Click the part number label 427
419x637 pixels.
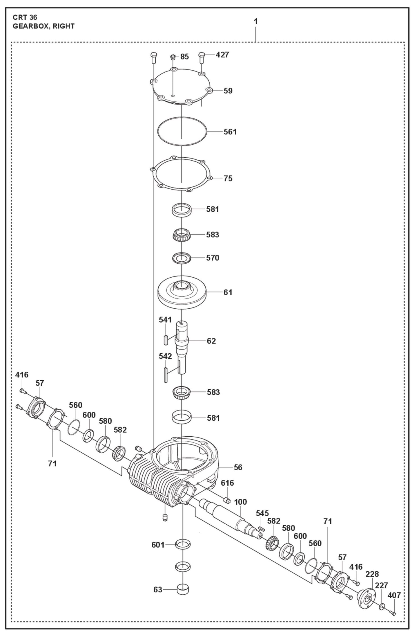click(x=222, y=55)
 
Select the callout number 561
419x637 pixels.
click(x=230, y=132)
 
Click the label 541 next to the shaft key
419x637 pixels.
click(x=165, y=320)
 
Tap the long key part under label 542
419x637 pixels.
click(x=166, y=375)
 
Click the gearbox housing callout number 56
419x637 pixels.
click(x=238, y=467)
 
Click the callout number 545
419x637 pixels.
click(x=262, y=513)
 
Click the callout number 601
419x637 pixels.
click(x=158, y=545)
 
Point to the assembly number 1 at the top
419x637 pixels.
click(x=255, y=21)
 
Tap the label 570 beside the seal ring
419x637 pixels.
click(x=213, y=258)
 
